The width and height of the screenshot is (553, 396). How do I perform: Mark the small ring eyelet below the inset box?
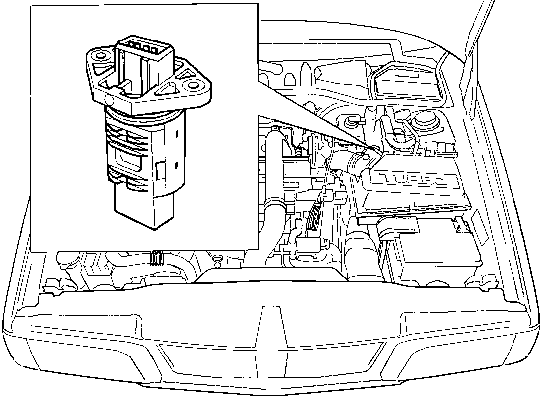coord(216,258)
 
